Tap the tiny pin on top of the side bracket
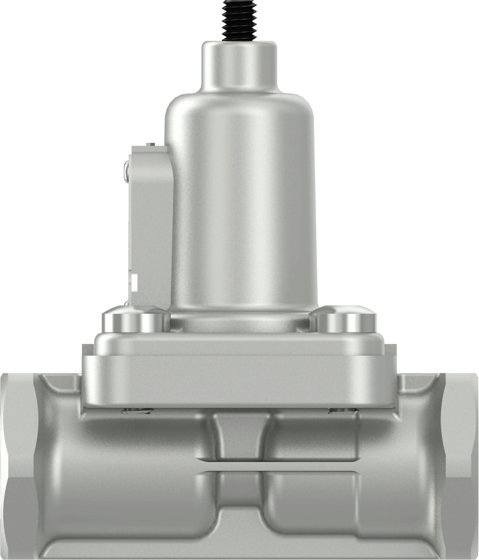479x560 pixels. pos(151,143)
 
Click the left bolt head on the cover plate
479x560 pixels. pos(132,320)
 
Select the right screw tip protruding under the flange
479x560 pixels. pos(340,410)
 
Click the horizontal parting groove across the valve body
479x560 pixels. pos(239,466)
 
